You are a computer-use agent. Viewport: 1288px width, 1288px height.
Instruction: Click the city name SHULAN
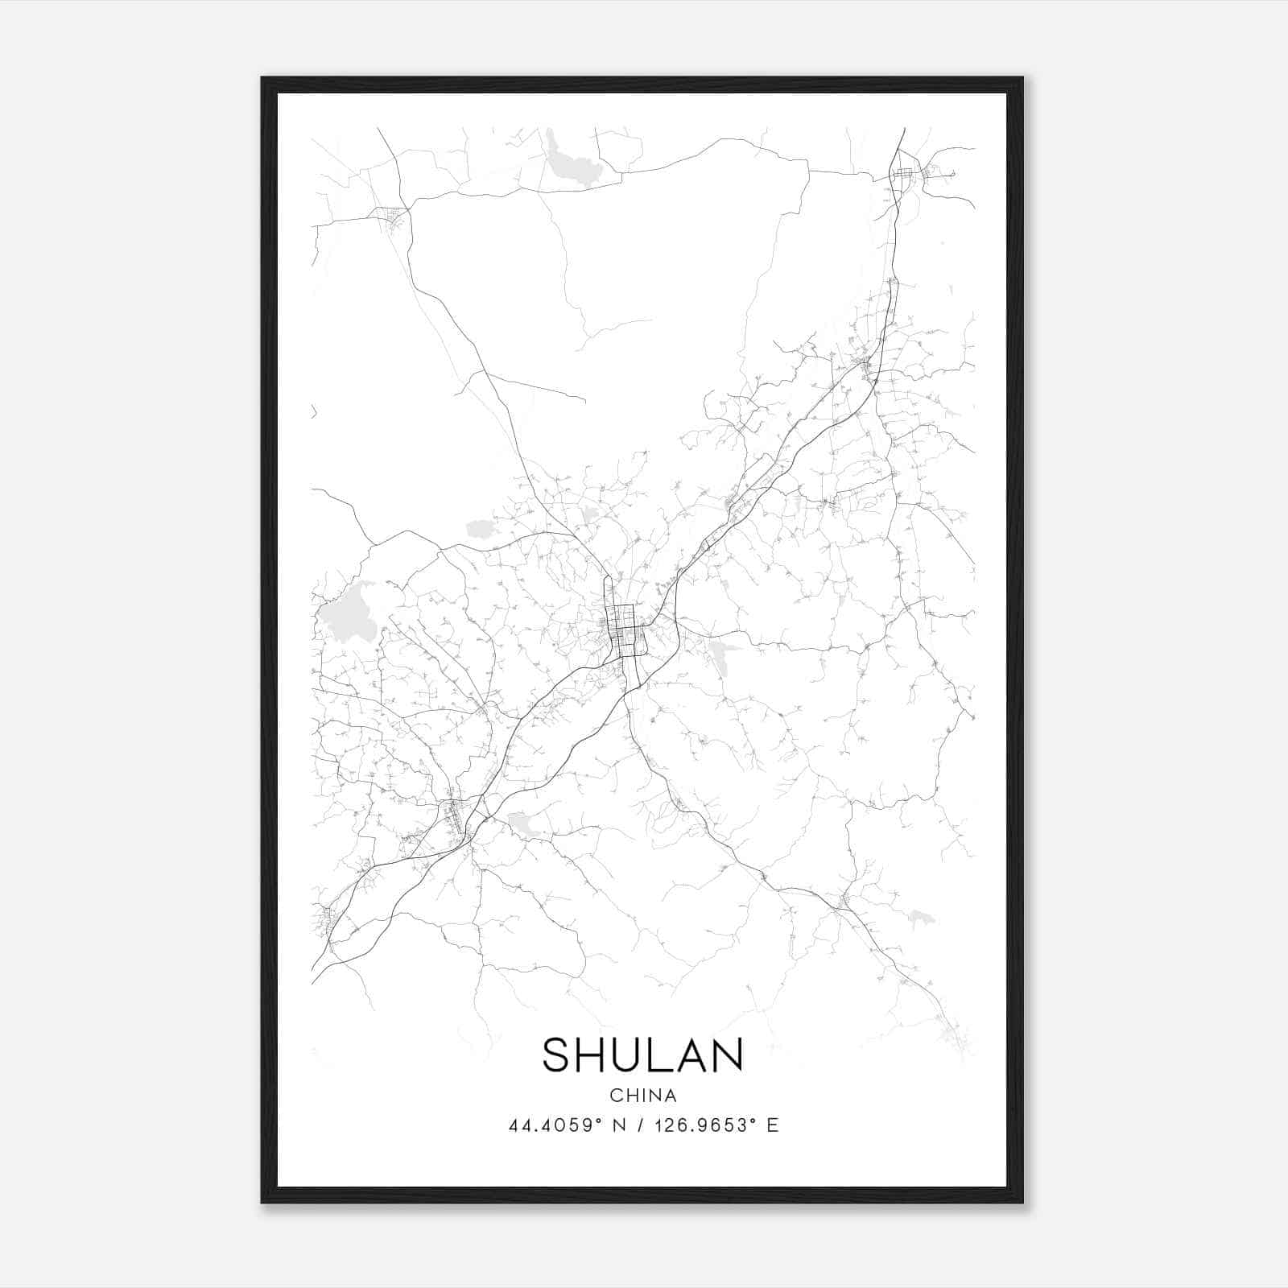[x=642, y=1055]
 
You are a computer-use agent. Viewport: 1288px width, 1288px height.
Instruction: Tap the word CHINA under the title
[x=643, y=1096]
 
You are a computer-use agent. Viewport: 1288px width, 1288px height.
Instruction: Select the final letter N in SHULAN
[x=727, y=1055]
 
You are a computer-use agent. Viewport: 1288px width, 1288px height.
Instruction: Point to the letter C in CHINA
[x=616, y=1096]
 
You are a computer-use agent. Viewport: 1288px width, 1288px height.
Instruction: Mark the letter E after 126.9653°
[x=773, y=1125]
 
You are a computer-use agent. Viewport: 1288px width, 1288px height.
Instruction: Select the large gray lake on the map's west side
[x=348, y=613]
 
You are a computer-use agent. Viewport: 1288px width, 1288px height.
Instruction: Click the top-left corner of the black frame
[x=262, y=78]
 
